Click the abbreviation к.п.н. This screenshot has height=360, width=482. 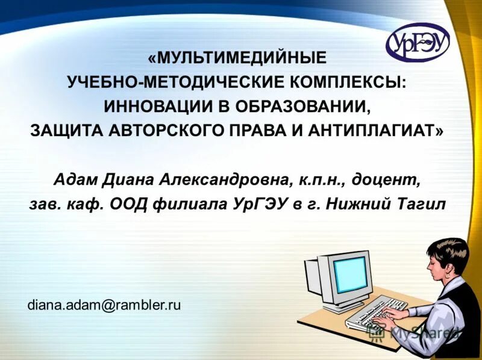pyautogui.click(x=314, y=179)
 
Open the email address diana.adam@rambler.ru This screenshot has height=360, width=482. pyautogui.click(x=104, y=305)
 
